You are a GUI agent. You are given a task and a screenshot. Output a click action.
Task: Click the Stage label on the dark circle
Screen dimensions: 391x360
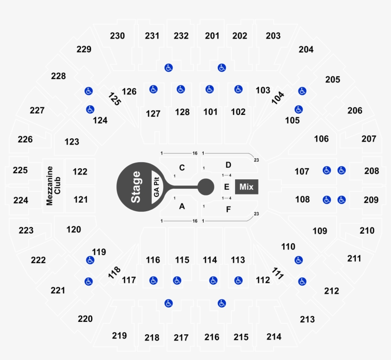(x=136, y=187)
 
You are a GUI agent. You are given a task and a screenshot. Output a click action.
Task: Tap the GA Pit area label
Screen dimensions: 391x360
(x=156, y=187)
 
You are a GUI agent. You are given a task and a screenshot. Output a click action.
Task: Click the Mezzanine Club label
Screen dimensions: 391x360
(x=53, y=186)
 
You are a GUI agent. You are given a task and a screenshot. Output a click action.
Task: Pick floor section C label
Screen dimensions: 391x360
(x=182, y=168)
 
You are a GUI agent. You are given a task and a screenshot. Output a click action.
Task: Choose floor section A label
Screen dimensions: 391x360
(x=182, y=206)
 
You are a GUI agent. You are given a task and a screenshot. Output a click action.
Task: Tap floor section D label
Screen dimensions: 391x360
(x=228, y=165)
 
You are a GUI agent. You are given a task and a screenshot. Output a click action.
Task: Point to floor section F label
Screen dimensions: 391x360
(x=228, y=208)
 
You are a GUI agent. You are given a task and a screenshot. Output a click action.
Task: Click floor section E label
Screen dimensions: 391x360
(x=226, y=186)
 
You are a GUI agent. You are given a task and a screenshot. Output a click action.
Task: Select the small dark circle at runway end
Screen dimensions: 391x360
(x=206, y=187)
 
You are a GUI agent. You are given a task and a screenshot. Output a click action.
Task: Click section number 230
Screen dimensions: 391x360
(x=117, y=36)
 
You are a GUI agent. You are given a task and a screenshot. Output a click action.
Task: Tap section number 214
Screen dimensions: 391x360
(x=274, y=337)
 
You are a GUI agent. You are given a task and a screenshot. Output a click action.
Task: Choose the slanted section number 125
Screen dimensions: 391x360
(x=114, y=98)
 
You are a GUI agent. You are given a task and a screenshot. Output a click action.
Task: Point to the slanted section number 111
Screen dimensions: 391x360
(x=278, y=274)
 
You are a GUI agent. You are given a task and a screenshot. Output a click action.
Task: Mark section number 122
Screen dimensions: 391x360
(x=80, y=172)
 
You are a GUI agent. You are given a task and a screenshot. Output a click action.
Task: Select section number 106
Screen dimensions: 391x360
(x=321, y=139)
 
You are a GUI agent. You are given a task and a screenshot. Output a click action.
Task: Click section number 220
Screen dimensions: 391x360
(x=85, y=319)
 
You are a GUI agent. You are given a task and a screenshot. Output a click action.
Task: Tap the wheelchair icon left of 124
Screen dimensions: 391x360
(x=90, y=110)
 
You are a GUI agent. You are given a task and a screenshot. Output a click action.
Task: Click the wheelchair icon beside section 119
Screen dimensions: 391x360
(x=90, y=260)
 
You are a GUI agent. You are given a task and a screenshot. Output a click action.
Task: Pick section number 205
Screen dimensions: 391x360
(x=333, y=80)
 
